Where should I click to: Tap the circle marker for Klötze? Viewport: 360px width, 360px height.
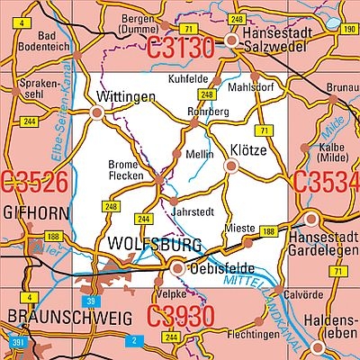pyautogui.click(x=231, y=166)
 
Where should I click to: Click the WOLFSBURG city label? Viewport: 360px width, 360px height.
pyautogui.click(x=140, y=244)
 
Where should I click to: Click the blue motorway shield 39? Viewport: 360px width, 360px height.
pyautogui.click(x=89, y=300)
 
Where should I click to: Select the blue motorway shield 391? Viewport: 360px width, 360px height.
pyautogui.click(x=17, y=342)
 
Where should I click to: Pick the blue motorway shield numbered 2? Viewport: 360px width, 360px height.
pyautogui.click(x=133, y=339)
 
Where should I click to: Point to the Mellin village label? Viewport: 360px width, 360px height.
pyautogui.click(x=199, y=155)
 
